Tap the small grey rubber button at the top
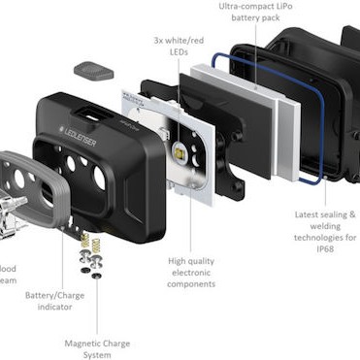point(93,71)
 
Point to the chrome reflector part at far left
point(10,213)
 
